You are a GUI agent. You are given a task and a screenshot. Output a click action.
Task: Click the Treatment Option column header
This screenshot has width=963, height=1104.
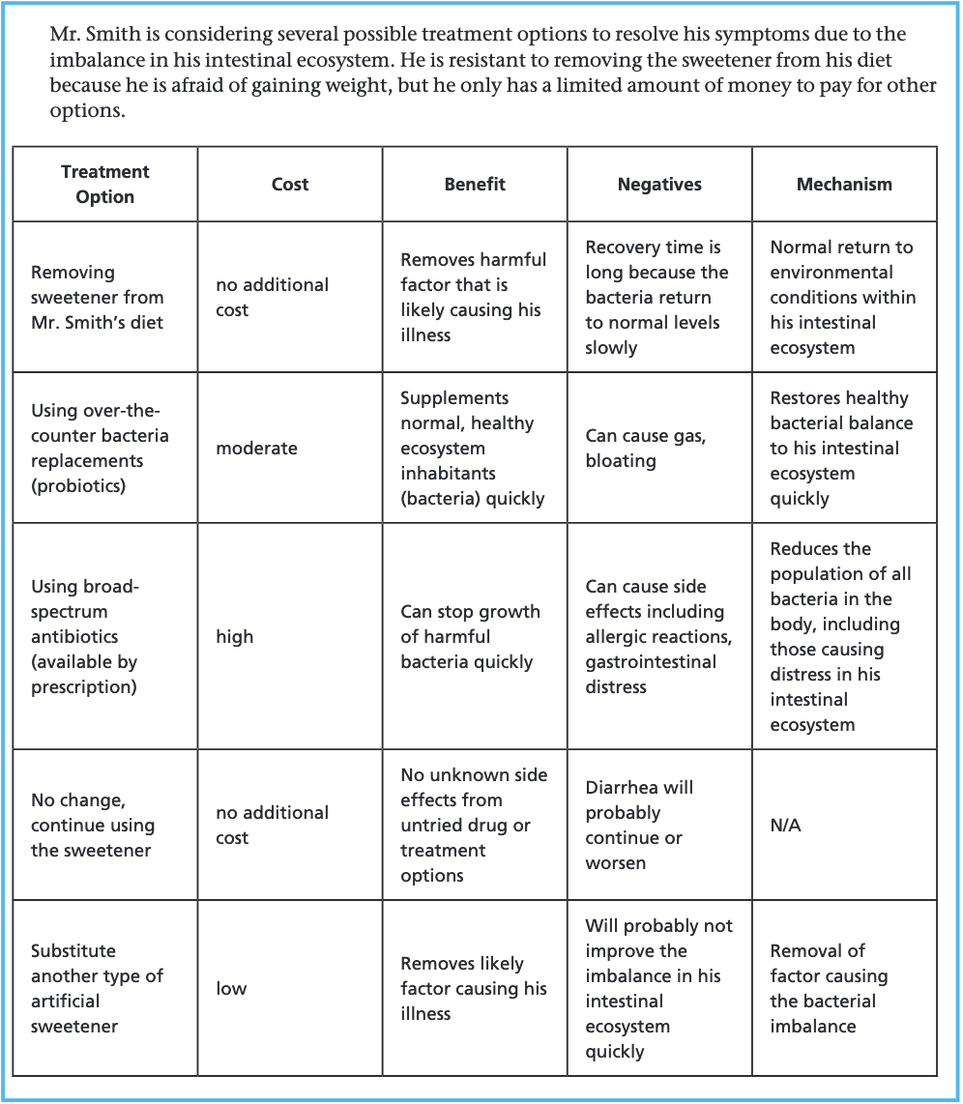coord(104,184)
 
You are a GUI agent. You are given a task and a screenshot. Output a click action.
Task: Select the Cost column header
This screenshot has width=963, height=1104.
coord(290,184)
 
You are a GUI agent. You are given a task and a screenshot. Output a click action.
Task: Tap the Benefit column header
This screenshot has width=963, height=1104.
coord(475,184)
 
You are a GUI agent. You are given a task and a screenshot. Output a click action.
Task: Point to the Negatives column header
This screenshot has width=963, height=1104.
coord(659,184)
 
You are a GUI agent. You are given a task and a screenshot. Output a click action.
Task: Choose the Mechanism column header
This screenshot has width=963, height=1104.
coord(844,184)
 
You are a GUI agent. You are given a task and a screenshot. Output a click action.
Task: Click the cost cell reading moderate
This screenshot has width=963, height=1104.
coord(256,449)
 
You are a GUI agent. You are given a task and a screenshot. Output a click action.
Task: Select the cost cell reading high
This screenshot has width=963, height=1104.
coord(235,637)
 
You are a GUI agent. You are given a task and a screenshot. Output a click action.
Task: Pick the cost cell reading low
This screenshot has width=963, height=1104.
coord(231,989)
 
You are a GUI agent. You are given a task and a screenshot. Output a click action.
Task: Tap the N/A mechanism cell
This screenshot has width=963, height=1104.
coord(786,826)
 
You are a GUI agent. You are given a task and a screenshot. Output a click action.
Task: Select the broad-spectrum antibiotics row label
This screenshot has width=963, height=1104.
coord(85,637)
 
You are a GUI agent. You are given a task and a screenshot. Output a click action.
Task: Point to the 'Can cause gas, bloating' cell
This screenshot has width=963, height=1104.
coord(645,449)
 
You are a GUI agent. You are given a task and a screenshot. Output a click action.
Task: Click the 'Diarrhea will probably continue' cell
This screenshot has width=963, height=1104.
coord(639,826)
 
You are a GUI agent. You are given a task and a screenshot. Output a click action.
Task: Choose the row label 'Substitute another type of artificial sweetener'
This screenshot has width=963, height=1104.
coord(97,988)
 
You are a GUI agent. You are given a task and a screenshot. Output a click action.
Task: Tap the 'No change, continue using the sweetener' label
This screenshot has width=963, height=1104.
coord(93,826)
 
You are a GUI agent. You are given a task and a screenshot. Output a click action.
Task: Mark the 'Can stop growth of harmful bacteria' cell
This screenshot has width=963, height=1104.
coord(470,637)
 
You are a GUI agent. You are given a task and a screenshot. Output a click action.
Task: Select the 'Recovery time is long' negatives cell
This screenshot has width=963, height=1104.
coord(657,298)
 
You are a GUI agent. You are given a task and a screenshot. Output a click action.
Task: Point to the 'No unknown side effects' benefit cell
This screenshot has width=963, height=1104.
coord(474,826)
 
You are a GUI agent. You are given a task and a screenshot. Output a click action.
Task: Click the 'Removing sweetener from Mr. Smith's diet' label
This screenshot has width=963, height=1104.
coord(97,298)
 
